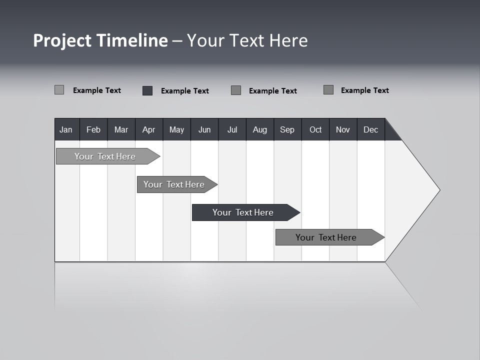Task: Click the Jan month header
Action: (66, 130)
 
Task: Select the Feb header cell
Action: (93, 130)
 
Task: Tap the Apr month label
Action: (149, 130)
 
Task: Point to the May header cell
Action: (176, 130)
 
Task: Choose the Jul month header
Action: (232, 130)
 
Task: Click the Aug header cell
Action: (260, 130)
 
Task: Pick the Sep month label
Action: (287, 130)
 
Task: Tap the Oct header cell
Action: (315, 130)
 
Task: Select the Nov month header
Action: (343, 130)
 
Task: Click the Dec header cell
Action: (371, 130)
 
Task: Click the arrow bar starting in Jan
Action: (105, 156)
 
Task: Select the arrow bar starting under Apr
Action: (174, 184)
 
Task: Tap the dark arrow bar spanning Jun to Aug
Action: (243, 212)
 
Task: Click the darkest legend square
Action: (147, 90)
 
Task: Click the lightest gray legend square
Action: (59, 90)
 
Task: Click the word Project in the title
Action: (62, 40)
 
